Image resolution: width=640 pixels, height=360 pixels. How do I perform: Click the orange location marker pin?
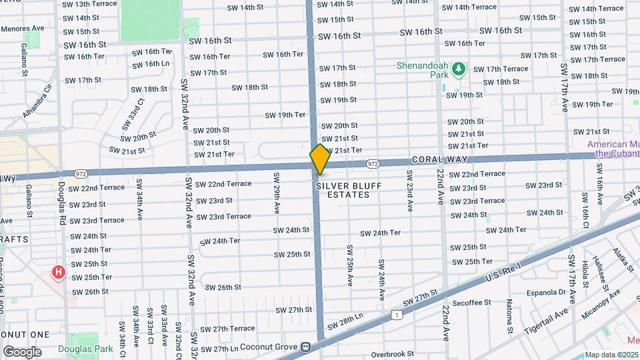coord(320,159)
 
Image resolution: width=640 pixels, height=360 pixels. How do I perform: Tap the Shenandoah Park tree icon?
coord(458,68)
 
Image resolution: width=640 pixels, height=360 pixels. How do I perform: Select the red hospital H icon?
coord(59,272)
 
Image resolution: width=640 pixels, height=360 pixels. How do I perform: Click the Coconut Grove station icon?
coord(305,347)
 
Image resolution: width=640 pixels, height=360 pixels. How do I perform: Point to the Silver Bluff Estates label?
coord(343,190)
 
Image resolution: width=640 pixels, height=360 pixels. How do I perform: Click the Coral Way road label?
coord(439,160)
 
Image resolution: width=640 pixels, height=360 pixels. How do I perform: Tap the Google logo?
coord(22,352)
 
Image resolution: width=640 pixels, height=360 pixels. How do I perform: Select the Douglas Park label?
coord(85,349)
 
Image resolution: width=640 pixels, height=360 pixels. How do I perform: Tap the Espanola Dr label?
coord(545,293)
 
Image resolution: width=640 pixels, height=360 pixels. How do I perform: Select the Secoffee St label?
coord(471,302)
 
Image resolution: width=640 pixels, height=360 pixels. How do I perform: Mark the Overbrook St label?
coord(392,354)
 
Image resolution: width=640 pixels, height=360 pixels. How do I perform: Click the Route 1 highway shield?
coord(397,313)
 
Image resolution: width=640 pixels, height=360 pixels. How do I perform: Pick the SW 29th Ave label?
coord(276,193)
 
